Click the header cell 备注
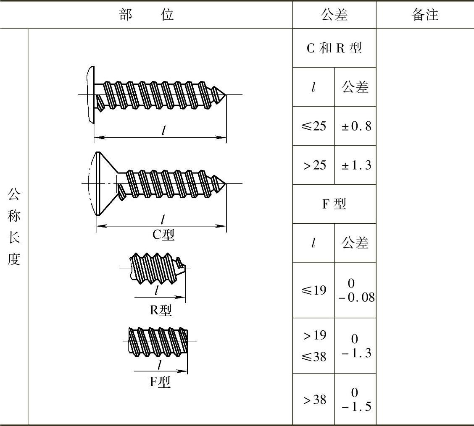425,15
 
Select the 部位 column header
146,15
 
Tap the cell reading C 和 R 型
334,48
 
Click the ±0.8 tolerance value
356,126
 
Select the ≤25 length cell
314,126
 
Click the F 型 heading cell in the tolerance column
334,204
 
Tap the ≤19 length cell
314,290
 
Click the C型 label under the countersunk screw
163,235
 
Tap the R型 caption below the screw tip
161,310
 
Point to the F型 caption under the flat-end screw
160,382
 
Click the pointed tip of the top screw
226,94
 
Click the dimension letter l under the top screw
163,130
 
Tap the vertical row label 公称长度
14,227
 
